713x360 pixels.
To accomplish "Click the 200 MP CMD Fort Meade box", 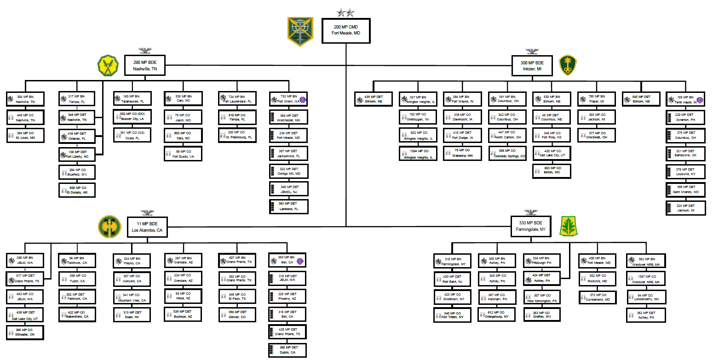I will (346, 31).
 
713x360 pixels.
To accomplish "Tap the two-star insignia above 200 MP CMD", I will (346, 12).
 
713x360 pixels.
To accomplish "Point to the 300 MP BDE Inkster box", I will (532, 66).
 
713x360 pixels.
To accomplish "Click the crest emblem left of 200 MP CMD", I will (300, 31).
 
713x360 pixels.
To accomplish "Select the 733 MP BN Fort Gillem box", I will (289, 99).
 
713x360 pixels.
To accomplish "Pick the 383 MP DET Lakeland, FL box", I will (289, 206).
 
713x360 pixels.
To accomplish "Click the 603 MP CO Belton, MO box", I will (552, 171).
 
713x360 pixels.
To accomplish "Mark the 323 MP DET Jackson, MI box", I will (685, 208).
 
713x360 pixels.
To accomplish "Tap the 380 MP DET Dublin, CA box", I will (287, 350).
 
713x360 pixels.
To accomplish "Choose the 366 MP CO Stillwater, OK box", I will (25, 332).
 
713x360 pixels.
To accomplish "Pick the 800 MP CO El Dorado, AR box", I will (77, 190).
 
